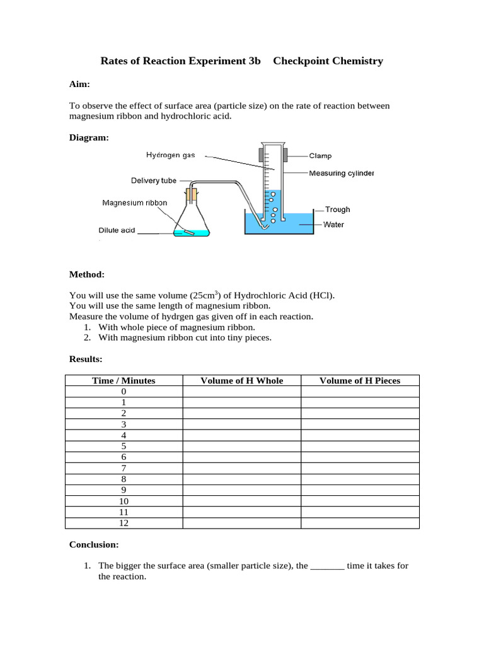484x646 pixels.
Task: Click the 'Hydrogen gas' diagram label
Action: click(x=171, y=155)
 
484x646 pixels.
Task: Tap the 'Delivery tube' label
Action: click(x=154, y=180)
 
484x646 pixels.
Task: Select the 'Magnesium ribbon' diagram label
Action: click(x=135, y=203)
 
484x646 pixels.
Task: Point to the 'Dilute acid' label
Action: click(x=117, y=230)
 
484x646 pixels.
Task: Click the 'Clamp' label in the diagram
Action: click(x=320, y=155)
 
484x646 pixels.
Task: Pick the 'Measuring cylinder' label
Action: click(x=341, y=173)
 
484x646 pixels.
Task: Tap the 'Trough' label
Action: click(x=337, y=209)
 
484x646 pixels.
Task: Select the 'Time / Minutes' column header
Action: click(x=124, y=380)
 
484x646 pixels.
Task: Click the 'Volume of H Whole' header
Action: click(x=241, y=380)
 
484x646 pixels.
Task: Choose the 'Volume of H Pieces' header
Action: click(x=360, y=380)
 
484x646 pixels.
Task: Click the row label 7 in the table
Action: click(x=124, y=468)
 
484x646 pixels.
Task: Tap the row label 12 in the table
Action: click(x=124, y=523)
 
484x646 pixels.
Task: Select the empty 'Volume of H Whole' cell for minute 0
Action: click(x=241, y=392)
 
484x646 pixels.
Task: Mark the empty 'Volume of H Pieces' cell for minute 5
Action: click(x=360, y=446)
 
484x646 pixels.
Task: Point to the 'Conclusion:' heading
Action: click(x=93, y=544)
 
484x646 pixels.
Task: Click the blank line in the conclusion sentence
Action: click(x=327, y=566)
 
